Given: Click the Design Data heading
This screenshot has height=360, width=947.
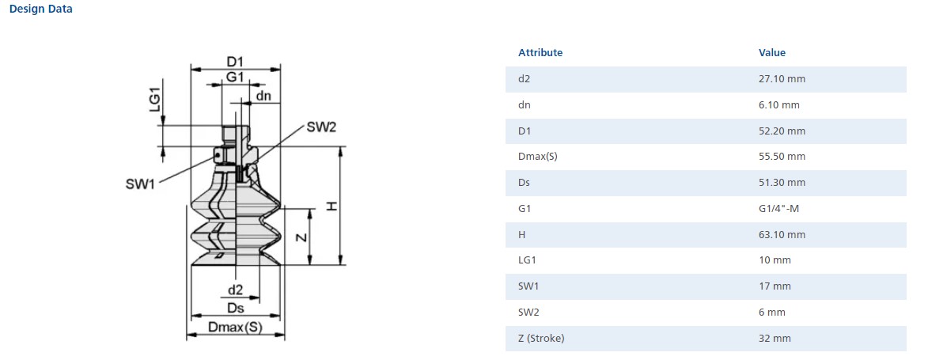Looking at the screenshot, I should (x=40, y=9).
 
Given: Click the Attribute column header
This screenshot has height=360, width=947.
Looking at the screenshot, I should (x=540, y=53).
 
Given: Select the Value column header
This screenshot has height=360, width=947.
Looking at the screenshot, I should (x=771, y=53).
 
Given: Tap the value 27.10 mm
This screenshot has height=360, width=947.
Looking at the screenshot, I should (x=782, y=79).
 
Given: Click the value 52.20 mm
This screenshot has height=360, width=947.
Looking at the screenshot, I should (x=782, y=131).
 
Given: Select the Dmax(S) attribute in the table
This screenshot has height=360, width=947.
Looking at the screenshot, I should (x=538, y=157).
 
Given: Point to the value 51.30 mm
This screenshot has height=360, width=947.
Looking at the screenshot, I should (x=782, y=183).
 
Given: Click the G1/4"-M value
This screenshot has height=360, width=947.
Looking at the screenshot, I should (x=779, y=209).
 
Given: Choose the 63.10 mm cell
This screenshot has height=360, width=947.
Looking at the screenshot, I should (x=782, y=235).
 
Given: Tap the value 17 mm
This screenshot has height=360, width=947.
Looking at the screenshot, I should (x=775, y=286).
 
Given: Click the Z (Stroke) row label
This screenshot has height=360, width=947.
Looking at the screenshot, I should (x=541, y=339).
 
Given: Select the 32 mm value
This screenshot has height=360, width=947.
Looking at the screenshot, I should (x=775, y=339).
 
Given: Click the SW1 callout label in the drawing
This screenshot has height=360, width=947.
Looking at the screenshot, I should (x=140, y=184).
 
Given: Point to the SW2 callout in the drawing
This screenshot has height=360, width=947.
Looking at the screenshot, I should (x=322, y=128).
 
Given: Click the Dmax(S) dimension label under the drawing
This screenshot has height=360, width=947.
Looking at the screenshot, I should (x=235, y=326).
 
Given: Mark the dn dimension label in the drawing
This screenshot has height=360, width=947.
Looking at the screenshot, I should (x=263, y=97).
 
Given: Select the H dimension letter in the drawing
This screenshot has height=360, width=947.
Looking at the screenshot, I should (x=332, y=207).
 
